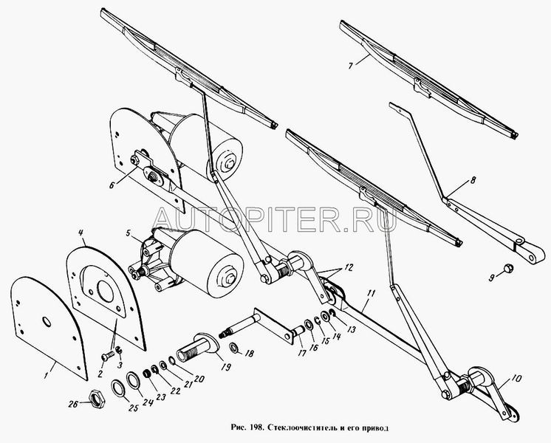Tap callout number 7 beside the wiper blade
351,66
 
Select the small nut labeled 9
507,268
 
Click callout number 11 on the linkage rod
372,293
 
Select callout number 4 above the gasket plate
81,233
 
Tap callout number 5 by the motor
128,233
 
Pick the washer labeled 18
233,348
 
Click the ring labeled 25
117,388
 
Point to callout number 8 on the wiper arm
473,181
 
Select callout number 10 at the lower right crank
517,379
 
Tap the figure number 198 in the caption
256,428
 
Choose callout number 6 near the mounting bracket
112,185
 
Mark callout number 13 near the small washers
351,329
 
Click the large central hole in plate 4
106,290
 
